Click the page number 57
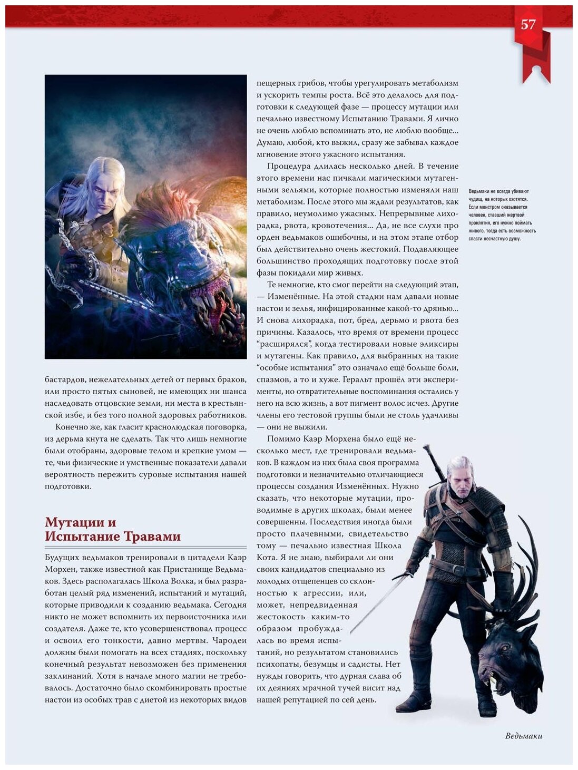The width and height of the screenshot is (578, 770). [x=528, y=24]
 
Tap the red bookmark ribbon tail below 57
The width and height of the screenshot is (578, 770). [x=536, y=66]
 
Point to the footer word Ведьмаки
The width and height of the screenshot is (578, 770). [x=523, y=736]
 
